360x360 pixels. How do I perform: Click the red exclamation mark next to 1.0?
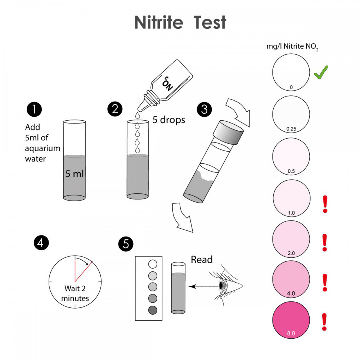[x=325, y=204]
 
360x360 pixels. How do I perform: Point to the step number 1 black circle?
[x=34, y=109]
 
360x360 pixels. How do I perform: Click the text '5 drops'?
[x=169, y=120]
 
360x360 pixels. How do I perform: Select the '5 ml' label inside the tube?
[x=75, y=174]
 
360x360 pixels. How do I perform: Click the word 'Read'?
[x=202, y=260]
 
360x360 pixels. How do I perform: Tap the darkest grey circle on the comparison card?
[x=153, y=310]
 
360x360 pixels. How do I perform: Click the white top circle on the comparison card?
[x=153, y=264]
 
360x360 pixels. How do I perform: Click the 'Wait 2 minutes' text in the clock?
[x=75, y=293]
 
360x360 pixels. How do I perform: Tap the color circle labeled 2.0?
[x=291, y=238]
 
